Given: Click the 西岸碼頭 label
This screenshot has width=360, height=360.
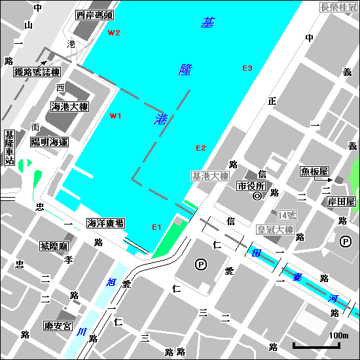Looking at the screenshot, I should click(94, 14).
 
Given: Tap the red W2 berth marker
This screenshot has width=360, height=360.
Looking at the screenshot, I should click(115, 33).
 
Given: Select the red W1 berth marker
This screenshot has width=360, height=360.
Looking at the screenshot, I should click(116, 116).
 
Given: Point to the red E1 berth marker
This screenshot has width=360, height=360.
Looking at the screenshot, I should click(156, 227).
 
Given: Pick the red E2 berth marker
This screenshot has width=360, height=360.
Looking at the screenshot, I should click(201, 148).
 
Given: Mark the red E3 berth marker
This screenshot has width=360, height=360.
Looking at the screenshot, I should click(247, 68).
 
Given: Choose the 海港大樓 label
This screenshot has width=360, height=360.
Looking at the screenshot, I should click(70, 107).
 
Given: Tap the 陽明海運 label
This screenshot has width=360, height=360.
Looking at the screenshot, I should click(50, 141).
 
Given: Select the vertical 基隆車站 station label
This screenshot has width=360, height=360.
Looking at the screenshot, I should click(9, 148).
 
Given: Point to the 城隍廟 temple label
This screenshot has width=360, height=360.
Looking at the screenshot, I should click(54, 246).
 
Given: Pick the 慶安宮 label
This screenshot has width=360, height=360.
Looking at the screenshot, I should click(57, 325).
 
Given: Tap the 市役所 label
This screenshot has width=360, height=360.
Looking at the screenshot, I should click(252, 186).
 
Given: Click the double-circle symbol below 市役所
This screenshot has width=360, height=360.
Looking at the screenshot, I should click(257, 196).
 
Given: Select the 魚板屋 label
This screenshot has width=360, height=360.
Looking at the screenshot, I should click(314, 171).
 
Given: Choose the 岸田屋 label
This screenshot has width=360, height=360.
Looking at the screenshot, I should click(341, 201).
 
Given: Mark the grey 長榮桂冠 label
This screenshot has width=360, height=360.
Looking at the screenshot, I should click(338, 8).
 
